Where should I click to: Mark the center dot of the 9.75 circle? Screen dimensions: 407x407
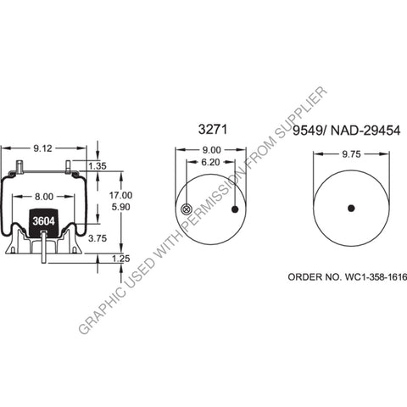pos(349,209)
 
